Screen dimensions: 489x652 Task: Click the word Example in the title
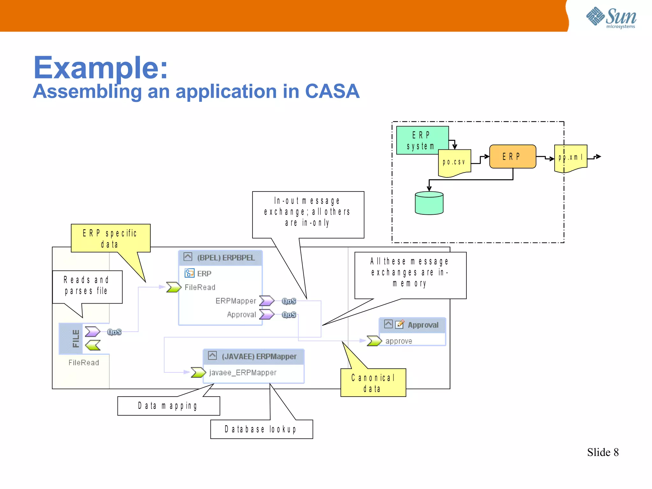100,68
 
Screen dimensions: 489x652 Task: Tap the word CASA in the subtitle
332,91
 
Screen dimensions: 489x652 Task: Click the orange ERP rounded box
512,156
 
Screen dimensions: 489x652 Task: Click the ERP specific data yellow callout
110,238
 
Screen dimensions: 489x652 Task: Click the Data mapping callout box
168,406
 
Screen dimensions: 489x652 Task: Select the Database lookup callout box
261,429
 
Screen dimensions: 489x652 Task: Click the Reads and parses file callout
87,286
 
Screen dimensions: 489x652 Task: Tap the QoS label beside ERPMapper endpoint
289,301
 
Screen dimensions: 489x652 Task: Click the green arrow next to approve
374,341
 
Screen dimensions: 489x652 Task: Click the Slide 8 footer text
602,452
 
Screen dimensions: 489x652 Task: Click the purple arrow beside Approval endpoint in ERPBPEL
266,314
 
